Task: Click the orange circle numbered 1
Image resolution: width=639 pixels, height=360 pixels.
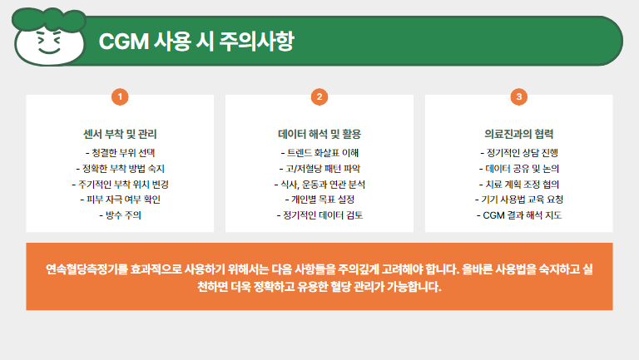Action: [120, 97]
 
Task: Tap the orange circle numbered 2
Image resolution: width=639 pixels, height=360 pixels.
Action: [319, 97]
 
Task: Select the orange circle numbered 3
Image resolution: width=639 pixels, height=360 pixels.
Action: [519, 97]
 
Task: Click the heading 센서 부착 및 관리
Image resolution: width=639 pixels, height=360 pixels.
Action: [120, 134]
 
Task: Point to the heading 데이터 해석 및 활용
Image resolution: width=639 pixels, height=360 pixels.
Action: [319, 134]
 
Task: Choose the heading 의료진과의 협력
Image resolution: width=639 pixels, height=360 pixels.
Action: [519, 134]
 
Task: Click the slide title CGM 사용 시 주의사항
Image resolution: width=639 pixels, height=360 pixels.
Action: [196, 41]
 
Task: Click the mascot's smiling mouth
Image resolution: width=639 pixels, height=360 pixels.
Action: [49, 51]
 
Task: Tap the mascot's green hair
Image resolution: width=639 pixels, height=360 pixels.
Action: [49, 19]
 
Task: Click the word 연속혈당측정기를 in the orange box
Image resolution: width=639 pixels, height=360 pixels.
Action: [87, 269]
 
